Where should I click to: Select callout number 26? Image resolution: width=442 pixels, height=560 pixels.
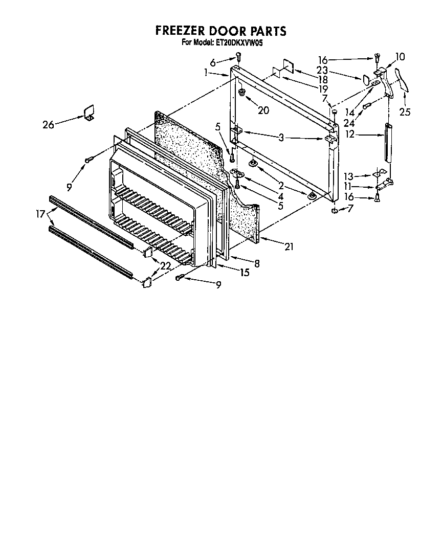coord(49,124)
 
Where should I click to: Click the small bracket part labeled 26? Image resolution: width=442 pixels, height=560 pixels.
coord(89,112)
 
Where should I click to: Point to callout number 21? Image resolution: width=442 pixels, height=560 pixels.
coord(289,247)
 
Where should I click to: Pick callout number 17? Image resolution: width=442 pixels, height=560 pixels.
coord(39,214)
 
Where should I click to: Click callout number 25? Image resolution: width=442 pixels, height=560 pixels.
coord(405,112)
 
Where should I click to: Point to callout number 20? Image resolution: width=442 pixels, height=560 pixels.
coord(263,110)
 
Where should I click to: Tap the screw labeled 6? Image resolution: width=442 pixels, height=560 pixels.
coord(238,56)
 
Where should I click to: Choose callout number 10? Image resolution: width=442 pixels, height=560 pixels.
coord(400,56)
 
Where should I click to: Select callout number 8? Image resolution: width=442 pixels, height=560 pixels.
coord(257,264)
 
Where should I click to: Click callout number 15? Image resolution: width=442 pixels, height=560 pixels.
coord(245,273)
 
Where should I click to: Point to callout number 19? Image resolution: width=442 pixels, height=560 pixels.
coord(322,88)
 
